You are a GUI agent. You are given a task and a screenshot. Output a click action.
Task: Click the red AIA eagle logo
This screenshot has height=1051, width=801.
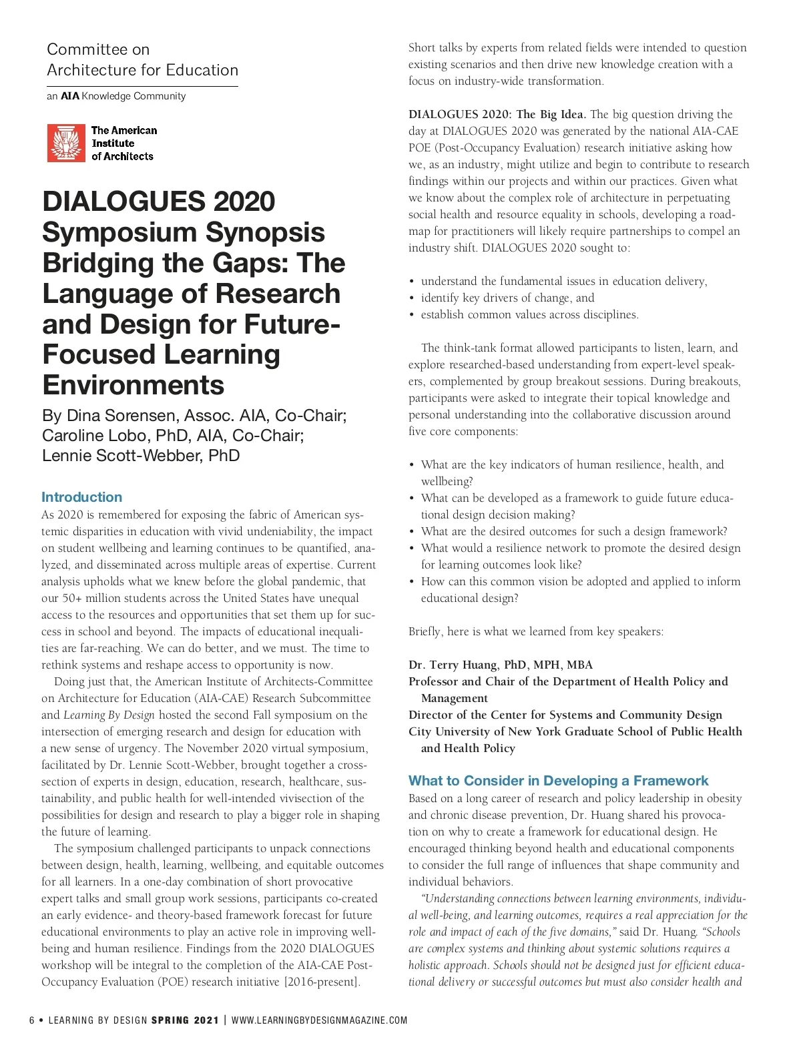[x=66, y=143]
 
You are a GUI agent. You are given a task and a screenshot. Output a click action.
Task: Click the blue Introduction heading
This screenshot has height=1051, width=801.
[x=81, y=497]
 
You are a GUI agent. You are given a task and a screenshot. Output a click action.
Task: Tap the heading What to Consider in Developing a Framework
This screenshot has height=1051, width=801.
[x=558, y=781]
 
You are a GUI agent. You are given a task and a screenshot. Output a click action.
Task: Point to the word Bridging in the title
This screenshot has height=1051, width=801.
[x=97, y=263]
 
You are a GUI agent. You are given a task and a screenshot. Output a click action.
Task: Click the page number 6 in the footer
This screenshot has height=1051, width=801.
[x=31, y=1020]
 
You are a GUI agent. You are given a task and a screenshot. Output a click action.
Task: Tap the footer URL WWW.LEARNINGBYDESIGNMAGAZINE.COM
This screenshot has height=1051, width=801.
[x=319, y=1020]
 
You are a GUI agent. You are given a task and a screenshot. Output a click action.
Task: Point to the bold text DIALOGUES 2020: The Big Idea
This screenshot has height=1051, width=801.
[x=497, y=114]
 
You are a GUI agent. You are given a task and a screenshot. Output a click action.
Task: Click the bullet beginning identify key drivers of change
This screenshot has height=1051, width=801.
[x=507, y=298]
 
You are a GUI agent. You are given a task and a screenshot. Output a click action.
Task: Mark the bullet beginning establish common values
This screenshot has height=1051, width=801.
[x=529, y=314]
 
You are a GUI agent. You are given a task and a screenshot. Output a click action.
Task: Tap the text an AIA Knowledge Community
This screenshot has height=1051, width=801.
[x=116, y=96]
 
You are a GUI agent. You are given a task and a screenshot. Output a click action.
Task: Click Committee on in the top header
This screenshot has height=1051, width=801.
[x=98, y=49]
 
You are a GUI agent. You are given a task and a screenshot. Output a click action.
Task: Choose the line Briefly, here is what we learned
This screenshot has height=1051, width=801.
[x=536, y=631]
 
